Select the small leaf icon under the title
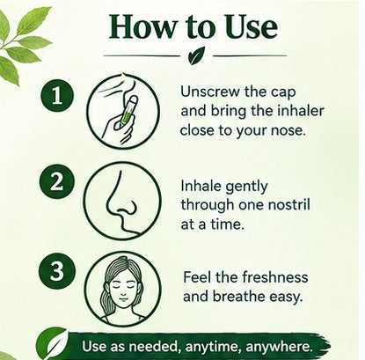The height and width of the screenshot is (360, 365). [196, 55]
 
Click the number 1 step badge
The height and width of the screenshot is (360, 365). [57, 95]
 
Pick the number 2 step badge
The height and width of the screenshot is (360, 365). [57, 182]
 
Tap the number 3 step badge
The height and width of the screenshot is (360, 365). [57, 270]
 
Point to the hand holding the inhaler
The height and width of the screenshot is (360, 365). [117, 126]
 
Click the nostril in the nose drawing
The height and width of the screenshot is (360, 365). [128, 207]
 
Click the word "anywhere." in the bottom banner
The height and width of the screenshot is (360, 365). [279, 347]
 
